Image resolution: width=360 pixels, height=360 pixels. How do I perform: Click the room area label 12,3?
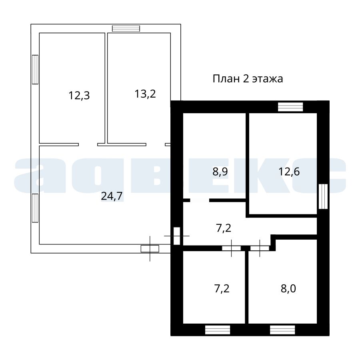[79, 96]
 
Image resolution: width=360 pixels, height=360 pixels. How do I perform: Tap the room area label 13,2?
[145, 94]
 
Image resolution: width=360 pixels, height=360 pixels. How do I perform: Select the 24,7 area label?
[112, 196]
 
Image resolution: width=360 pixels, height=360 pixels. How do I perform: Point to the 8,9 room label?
[220, 172]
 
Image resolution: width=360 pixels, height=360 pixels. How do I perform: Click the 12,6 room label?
[289, 172]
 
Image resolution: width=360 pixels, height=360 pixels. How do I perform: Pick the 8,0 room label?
[288, 288]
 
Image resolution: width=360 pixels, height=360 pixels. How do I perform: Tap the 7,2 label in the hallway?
[224, 228]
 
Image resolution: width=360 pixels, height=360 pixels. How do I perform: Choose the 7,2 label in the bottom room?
[222, 288]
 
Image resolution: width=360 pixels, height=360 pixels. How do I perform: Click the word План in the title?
[226, 79]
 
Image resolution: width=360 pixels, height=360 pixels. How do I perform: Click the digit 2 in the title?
[246, 79]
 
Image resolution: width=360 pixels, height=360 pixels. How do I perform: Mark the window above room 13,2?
[126, 28]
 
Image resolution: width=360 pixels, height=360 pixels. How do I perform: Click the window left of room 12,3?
[35, 70]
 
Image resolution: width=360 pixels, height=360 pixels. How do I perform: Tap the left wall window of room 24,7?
[35, 208]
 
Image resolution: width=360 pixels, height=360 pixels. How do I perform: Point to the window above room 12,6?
[290, 107]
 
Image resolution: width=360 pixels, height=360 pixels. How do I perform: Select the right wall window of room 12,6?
[323, 196]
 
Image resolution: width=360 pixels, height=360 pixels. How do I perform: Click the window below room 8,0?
[282, 330]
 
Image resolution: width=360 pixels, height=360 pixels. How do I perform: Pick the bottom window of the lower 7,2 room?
[218, 330]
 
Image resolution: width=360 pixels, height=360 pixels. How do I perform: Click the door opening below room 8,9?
[200, 200]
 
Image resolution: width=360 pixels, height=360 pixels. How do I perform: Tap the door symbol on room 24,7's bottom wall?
[150, 249]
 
